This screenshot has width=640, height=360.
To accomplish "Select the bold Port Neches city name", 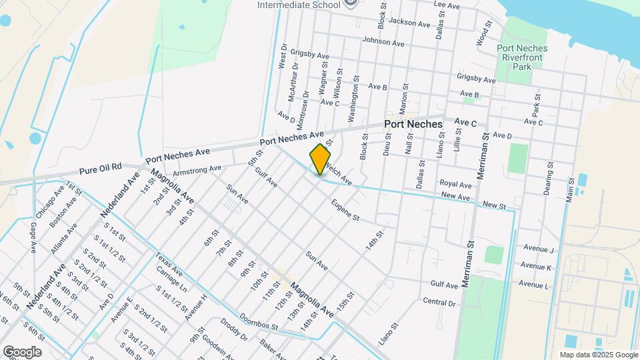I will pos(413,125).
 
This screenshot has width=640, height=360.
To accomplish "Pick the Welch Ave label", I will pos(339,177).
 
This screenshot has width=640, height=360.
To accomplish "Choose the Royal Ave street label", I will pos(456,184).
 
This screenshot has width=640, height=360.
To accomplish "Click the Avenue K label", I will pos(536,267).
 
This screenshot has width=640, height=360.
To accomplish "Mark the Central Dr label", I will pos(438,302).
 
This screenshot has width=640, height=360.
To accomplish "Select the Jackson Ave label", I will pos(409,23).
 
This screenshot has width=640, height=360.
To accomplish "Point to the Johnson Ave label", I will pos(383,42).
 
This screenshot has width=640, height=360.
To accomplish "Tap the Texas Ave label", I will pos(168,265).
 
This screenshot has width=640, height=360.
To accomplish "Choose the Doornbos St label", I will pos(259,323).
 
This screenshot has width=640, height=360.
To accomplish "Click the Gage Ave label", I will pos(32,238).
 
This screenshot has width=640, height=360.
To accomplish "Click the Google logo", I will pos(22,352).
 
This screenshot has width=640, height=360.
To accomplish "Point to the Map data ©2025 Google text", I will pos(598,355).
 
